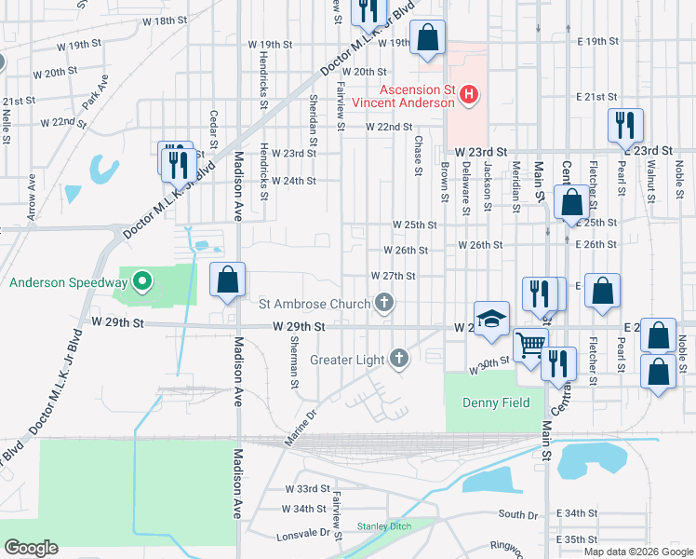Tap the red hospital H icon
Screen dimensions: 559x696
coord(469,94)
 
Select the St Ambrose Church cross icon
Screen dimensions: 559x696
coord(383,303)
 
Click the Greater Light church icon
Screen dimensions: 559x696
coord(398,360)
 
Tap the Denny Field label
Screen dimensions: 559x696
coord(496,402)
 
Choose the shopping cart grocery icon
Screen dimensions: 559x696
coord(531,345)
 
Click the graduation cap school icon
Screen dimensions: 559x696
coord(491,317)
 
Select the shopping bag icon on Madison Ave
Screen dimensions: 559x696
coord(228,279)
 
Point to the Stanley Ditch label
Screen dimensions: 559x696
coord(384,526)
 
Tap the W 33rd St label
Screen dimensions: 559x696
coord(307,488)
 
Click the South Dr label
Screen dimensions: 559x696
coord(518,513)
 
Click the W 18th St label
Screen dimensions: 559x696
coord(165,20)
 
